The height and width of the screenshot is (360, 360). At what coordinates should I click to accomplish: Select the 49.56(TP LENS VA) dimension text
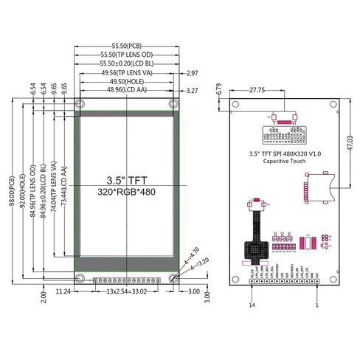tap(128, 73)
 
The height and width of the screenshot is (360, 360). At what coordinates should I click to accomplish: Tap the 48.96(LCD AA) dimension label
tap(128, 90)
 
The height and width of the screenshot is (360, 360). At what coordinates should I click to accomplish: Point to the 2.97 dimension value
tap(193, 73)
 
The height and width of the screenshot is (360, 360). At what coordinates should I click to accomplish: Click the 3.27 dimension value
tap(193, 90)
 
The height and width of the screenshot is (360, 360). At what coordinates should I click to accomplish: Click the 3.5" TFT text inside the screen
tap(128, 179)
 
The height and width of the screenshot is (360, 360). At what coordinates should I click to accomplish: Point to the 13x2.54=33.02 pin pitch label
tap(128, 292)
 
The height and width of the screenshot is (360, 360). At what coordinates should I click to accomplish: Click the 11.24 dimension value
tap(63, 292)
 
